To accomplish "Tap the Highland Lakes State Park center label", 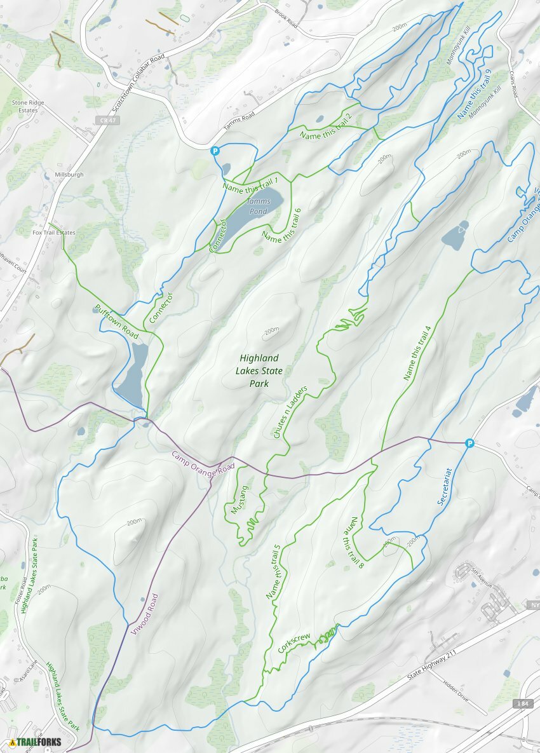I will (x=259, y=371).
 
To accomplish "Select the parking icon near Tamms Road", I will (x=215, y=151).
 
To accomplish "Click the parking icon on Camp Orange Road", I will (x=469, y=443).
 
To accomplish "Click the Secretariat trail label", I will (x=445, y=487).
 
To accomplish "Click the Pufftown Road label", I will (x=116, y=321).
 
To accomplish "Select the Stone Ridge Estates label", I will (x=25, y=106).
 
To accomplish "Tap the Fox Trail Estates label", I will (x=54, y=233).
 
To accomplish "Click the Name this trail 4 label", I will (x=418, y=353).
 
